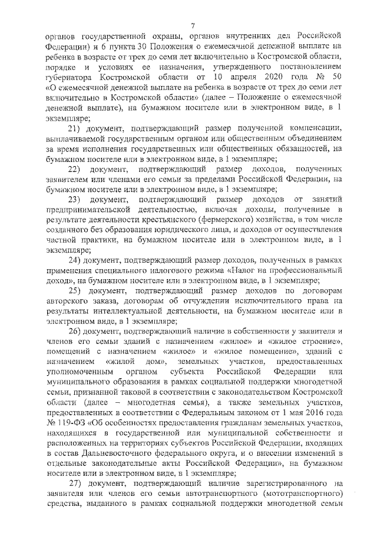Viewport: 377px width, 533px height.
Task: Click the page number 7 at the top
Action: pyautogui.click(x=193, y=24)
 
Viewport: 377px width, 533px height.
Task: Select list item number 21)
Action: pyautogui.click(x=76, y=128)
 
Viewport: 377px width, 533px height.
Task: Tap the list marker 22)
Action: pyautogui.click(x=76, y=170)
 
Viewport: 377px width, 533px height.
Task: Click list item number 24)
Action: pyautogui.click(x=76, y=259)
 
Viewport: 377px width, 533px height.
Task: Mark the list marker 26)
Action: pyautogui.click(x=76, y=332)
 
